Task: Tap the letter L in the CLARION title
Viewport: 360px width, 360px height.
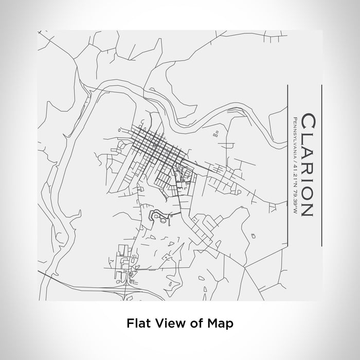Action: click(303, 137)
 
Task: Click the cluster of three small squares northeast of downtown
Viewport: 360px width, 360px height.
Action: click(215, 134)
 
